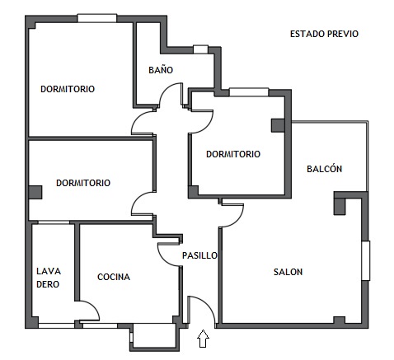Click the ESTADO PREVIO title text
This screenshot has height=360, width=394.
[324, 34]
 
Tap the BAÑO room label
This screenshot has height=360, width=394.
[161, 70]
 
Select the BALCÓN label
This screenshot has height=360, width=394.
[325, 169]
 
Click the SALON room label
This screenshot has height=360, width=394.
[288, 272]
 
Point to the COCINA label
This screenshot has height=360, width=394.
[114, 277]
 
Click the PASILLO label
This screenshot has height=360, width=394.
[199, 255]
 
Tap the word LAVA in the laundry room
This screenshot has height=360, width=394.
[49, 271]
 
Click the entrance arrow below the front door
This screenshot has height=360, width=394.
[203, 339]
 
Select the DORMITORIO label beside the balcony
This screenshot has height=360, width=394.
[233, 154]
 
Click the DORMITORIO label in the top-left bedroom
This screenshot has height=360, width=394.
[68, 89]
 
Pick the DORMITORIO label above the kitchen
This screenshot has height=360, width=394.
[83, 183]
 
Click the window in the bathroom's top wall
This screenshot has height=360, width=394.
[200, 49]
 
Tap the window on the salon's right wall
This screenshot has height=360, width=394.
[366, 260]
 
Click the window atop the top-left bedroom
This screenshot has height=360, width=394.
[97, 18]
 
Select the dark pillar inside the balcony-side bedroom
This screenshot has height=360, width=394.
[278, 125]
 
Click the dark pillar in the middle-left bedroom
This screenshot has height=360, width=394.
[35, 192]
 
